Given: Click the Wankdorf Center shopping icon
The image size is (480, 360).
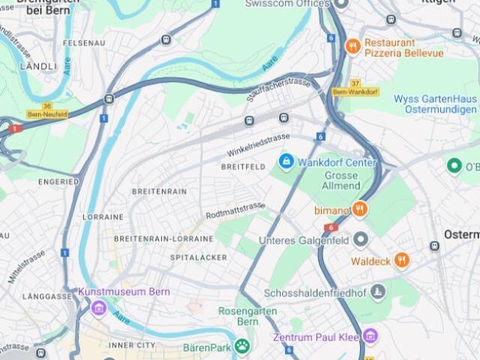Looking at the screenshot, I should [x=286, y=160].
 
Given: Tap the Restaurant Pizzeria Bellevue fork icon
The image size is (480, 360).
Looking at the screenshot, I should [x=352, y=46].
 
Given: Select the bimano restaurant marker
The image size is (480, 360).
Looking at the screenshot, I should [x=360, y=209].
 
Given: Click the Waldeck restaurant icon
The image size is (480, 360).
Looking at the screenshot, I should [x=402, y=260].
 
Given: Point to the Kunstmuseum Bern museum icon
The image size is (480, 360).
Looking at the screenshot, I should [x=98, y=307].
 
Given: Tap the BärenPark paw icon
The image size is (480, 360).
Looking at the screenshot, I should [x=241, y=346].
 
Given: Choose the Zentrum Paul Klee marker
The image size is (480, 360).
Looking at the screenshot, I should [x=370, y=335].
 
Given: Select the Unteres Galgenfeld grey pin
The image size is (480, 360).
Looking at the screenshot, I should [x=361, y=240].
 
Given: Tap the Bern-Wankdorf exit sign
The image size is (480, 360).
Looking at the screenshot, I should [x=355, y=91].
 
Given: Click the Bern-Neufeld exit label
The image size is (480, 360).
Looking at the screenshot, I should [x=46, y=114].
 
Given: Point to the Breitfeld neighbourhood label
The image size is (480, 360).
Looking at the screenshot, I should [x=243, y=166].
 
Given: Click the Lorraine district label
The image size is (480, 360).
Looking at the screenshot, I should [x=103, y=217].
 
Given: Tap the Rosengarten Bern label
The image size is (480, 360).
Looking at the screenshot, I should [x=238, y=316].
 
